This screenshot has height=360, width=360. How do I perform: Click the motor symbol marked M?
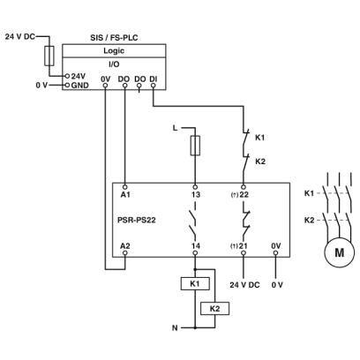point(339,252)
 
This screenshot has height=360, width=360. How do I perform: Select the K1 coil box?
point(195,284)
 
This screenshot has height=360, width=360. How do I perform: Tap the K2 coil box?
point(214,309)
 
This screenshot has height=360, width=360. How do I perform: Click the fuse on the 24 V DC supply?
point(49,56)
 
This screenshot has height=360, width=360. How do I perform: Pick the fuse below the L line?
point(195,146)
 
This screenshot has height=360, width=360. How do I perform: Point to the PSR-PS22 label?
point(137,220)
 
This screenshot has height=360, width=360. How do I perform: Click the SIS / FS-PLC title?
point(114,38)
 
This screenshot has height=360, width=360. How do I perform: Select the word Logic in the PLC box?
point(114,50)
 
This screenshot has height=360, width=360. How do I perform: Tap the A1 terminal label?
point(125,194)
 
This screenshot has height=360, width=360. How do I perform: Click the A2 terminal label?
point(125,245)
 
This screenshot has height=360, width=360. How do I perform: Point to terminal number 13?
point(196,194)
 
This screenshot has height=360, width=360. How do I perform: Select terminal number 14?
point(196,245)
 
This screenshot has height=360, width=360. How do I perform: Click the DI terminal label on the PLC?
point(154,79)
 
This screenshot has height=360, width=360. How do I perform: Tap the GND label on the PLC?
point(79,86)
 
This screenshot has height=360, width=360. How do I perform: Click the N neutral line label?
point(175,327)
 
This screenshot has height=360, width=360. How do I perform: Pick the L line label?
point(176,128)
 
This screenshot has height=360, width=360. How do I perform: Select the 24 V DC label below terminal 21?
point(244,285)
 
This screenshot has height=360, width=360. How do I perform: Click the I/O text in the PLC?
point(114,64)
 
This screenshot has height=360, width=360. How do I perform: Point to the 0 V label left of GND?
point(41,86)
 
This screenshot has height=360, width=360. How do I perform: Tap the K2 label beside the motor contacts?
point(309,220)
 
